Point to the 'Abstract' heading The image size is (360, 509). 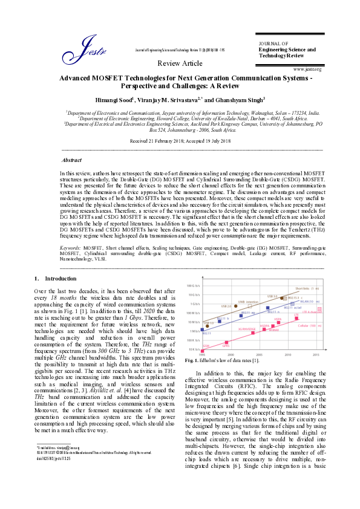(73, 160)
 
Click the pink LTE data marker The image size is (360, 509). (296, 317)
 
